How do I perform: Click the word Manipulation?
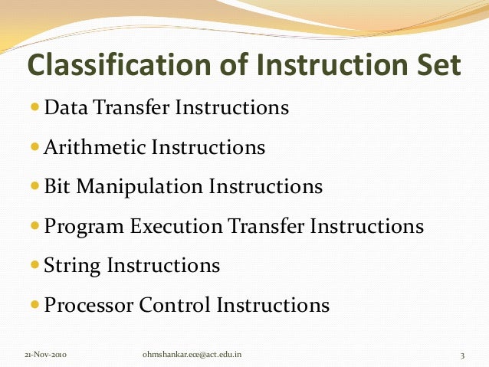(140, 186)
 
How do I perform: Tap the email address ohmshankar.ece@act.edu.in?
(195, 355)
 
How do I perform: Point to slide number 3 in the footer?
(463, 355)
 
